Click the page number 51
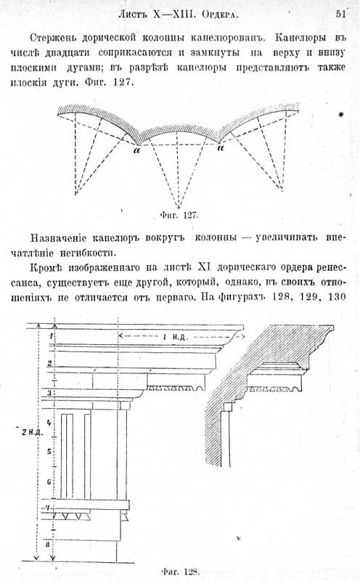tap(340, 14)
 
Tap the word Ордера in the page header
tap(220, 15)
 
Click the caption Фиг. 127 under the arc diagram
tap(180, 215)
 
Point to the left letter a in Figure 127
tap(137, 150)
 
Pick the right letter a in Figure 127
tap(221, 148)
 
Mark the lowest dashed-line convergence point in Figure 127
tap(179, 208)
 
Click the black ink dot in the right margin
tap(341, 115)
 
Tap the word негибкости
tap(86, 253)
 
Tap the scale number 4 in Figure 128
tap(49, 423)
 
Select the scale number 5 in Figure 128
tap(49, 452)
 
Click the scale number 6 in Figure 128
tap(49, 482)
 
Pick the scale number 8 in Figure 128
tap(47, 544)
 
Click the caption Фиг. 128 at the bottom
tap(181, 572)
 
